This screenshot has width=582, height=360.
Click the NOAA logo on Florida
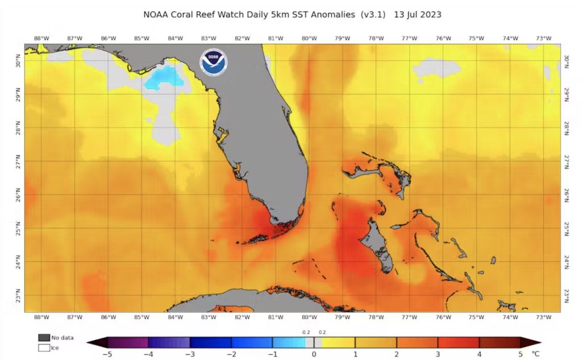(213, 62)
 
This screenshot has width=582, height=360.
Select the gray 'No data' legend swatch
(44, 337)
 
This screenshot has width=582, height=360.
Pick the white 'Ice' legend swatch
(44, 347)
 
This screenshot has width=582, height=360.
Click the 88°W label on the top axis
(41, 39)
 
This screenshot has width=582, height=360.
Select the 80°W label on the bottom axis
(309, 317)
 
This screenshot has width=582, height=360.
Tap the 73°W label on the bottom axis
(544, 317)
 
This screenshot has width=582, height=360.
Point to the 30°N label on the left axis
(18, 61)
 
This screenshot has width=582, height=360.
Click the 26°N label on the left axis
(18, 196)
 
